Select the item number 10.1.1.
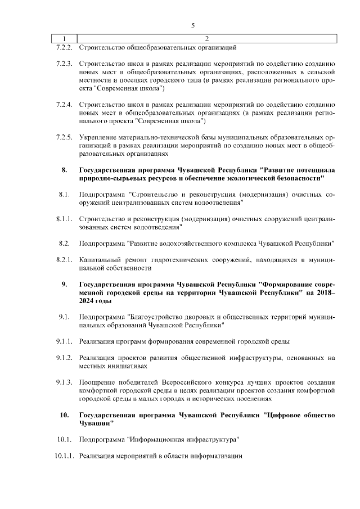[61, 456]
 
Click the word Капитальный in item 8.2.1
[102, 259]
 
